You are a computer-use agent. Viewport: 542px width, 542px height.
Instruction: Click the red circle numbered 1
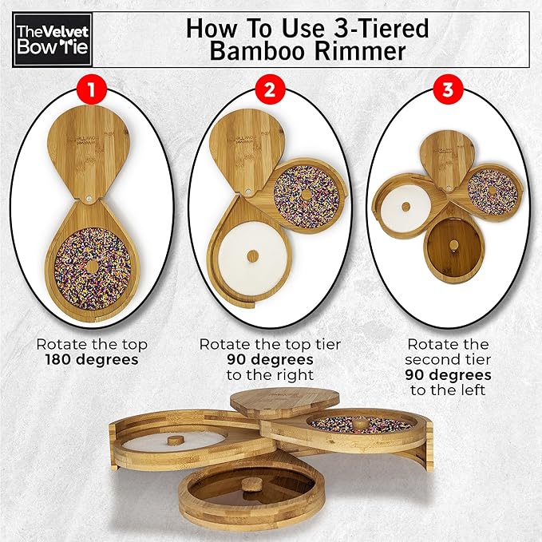click(x=91, y=90)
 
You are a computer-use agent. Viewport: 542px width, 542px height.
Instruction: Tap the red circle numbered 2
click(x=270, y=90)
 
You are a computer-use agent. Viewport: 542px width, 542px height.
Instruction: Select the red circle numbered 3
click(x=448, y=90)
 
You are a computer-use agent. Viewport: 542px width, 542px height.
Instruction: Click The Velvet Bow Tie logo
click(x=53, y=40)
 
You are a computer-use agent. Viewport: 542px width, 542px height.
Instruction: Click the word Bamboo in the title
click(x=258, y=51)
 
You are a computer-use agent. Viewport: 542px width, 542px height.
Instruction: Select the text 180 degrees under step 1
click(x=92, y=360)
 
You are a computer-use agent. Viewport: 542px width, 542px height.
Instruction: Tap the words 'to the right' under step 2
click(x=270, y=375)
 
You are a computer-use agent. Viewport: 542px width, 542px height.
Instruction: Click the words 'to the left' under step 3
click(x=448, y=390)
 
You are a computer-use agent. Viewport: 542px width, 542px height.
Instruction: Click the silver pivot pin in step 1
click(x=90, y=199)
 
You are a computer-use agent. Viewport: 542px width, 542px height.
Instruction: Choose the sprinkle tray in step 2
click(x=306, y=196)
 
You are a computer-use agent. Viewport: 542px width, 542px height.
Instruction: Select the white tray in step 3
click(x=406, y=208)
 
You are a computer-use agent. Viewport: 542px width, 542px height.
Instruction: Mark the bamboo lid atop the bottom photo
click(x=285, y=403)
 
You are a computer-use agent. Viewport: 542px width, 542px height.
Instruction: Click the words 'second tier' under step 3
click(x=448, y=360)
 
